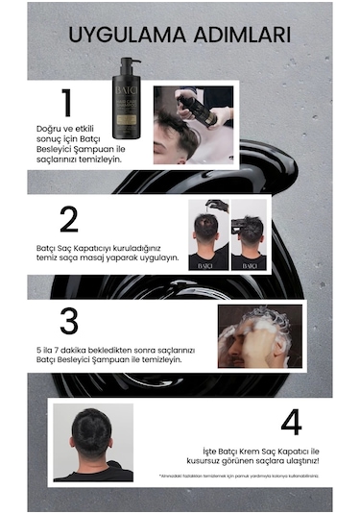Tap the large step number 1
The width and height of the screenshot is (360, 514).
point(65,104)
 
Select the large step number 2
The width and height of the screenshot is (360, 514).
point(68,219)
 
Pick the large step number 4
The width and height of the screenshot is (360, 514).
point(292,423)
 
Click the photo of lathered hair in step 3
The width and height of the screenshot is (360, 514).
point(259,336)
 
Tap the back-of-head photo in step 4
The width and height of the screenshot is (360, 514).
point(93,441)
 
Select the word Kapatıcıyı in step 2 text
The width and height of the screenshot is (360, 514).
point(106,247)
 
